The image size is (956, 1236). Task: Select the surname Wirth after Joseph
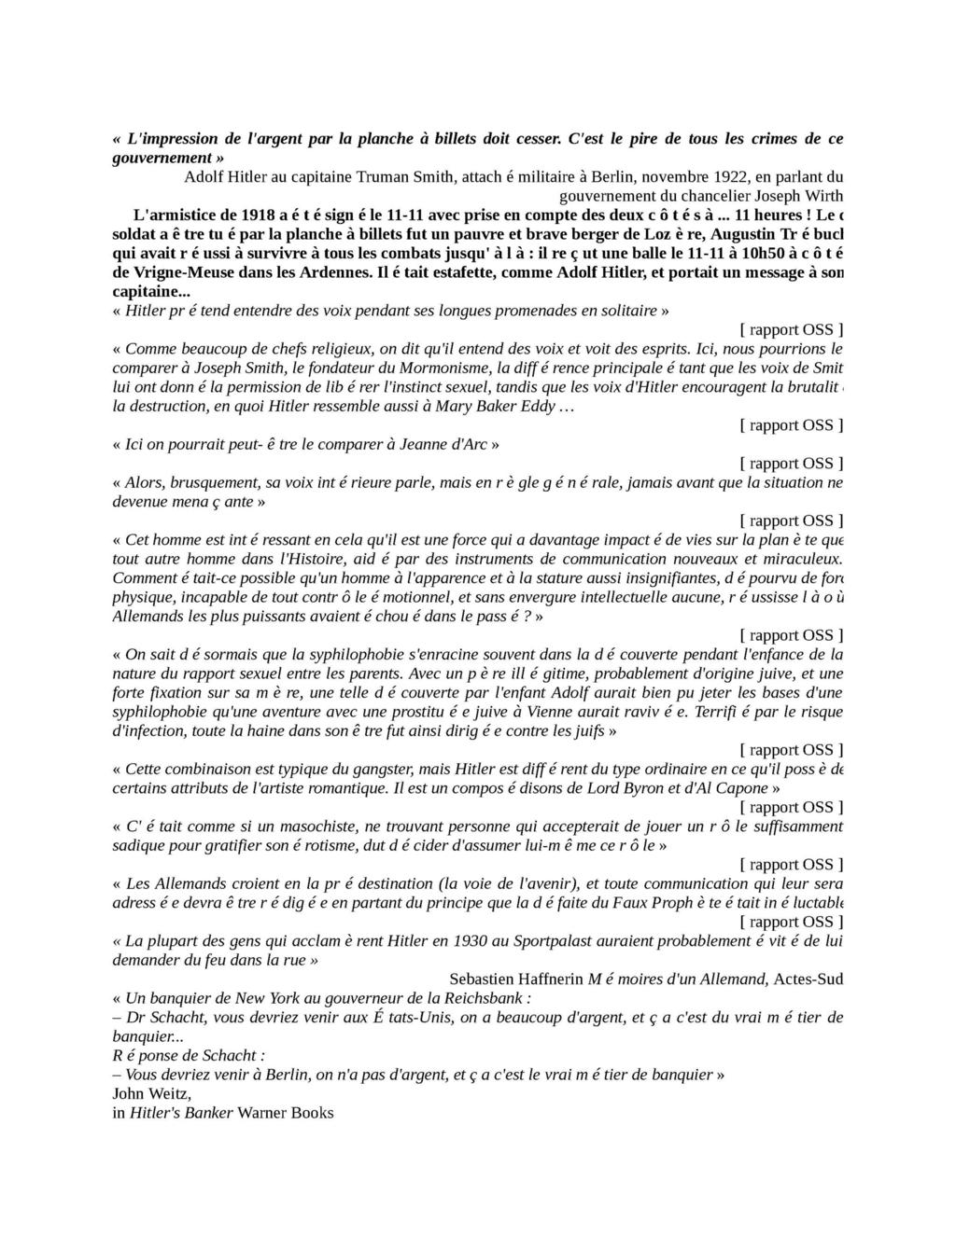[x=823, y=196]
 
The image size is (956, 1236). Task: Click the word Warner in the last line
[x=261, y=1112]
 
